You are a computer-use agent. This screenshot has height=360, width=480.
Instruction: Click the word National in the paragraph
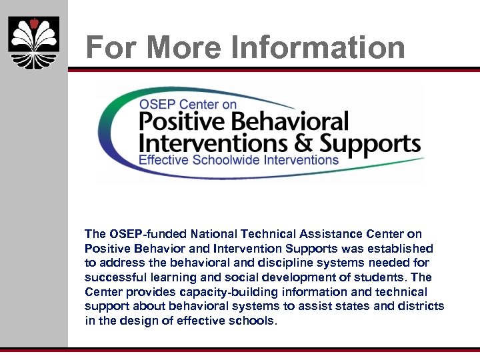pos(215,234)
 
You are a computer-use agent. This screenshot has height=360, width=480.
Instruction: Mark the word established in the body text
pos(401,249)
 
